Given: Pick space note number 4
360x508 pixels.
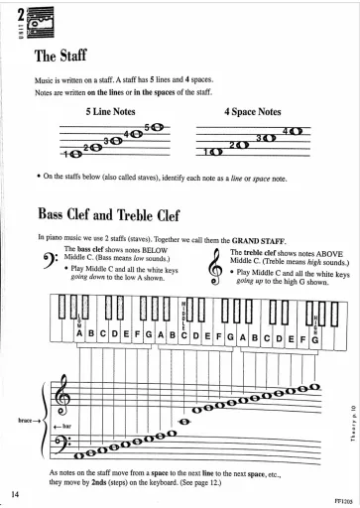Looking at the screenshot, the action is point(295,132).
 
